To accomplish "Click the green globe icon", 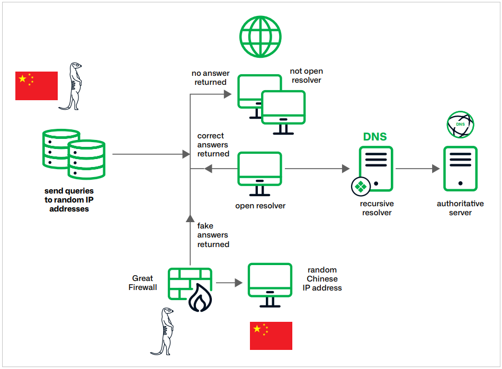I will click(259, 37).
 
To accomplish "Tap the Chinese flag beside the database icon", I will click(37, 85).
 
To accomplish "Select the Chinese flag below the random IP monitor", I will click(271, 336).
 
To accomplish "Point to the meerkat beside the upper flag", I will click(73, 86).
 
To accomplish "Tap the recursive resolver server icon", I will click(376, 169).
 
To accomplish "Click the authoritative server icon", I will click(460, 169).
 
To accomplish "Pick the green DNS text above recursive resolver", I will click(375, 137).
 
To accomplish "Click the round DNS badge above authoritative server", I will click(460, 125).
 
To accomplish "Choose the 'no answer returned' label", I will click(210, 77).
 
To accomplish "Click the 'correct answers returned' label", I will click(213, 145).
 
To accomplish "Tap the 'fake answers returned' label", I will click(213, 235).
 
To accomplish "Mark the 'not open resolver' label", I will click(306, 75).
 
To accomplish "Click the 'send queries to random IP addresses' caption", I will click(69, 199).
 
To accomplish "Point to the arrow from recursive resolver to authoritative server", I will click(418, 169).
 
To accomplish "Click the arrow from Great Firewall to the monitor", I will click(229, 283).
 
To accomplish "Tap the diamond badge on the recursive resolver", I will click(361, 187).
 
